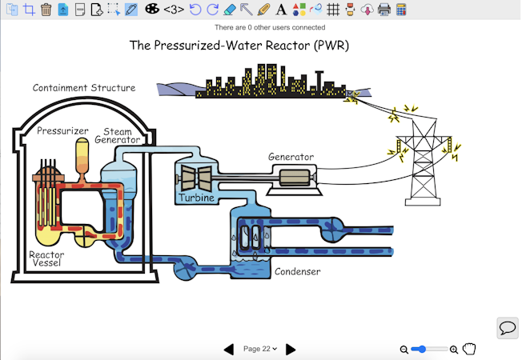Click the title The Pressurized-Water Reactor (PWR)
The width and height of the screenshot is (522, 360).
pyautogui.click(x=239, y=45)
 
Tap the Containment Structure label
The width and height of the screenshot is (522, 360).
pyautogui.click(x=83, y=88)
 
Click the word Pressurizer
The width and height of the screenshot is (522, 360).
pyautogui.click(x=62, y=130)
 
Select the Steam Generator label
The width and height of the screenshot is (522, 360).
pyautogui.click(x=118, y=135)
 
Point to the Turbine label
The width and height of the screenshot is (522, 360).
pyautogui.click(x=196, y=198)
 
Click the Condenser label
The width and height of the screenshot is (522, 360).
pyautogui.click(x=297, y=271)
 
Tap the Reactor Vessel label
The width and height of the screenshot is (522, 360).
pyautogui.click(x=46, y=259)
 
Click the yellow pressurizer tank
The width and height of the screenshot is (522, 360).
pyautogui.click(x=82, y=154)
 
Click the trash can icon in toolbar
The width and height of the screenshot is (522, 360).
pyautogui.click(x=46, y=10)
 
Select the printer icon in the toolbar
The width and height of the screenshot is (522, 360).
pyautogui.click(x=383, y=10)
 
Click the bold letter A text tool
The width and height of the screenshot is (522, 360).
pyautogui.click(x=280, y=10)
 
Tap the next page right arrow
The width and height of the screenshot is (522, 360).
pyautogui.click(x=291, y=349)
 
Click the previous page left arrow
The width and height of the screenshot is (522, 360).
pyautogui.click(x=229, y=349)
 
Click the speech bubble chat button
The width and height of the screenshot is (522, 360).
pyautogui.click(x=507, y=328)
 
